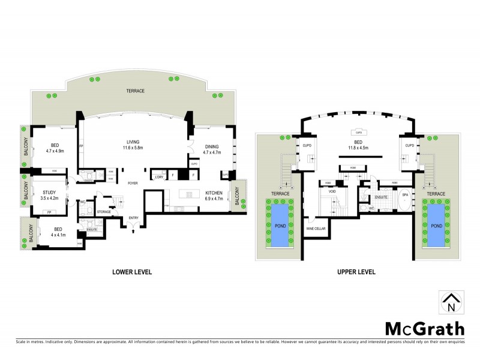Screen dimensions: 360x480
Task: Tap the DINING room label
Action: tap(212, 146)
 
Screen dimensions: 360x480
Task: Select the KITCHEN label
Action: tap(214, 193)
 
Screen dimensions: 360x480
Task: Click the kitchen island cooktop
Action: tap(189, 194)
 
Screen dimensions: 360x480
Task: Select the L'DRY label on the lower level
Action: tap(160, 176)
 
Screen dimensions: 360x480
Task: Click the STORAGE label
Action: tap(103, 211)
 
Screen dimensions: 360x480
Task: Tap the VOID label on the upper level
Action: tap(332, 191)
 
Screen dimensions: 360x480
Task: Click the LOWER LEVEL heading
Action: tap(132, 272)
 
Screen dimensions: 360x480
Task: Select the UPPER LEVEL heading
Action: tap(356, 272)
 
